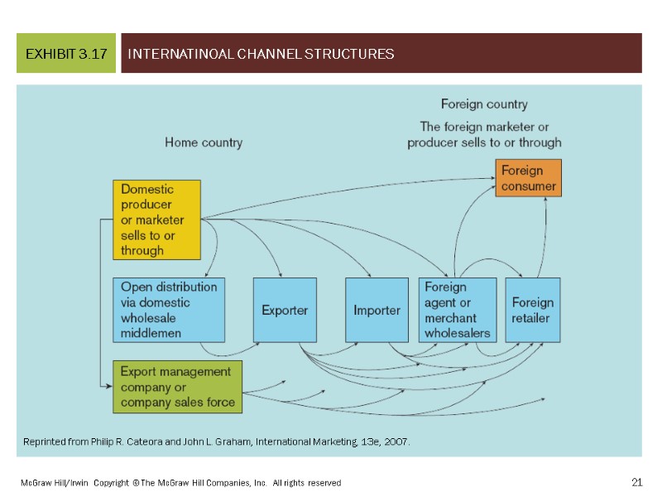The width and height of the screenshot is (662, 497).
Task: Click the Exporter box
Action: coord(285,310)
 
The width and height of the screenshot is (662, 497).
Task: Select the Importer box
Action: coord(377,310)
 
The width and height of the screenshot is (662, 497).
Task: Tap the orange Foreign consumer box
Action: coord(528,178)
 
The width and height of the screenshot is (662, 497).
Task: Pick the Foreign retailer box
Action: coord(532,310)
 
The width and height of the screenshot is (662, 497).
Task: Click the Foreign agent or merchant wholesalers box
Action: coord(457,310)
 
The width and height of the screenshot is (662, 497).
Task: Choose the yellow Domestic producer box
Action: coord(156,220)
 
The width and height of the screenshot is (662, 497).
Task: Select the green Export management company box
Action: coord(177,387)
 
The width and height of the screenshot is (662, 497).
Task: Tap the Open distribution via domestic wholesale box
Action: coord(169,310)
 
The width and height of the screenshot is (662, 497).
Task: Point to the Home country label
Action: coord(204,142)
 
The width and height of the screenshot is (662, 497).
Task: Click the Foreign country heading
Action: coord(484,104)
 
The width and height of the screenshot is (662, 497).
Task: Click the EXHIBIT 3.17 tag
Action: coord(66,55)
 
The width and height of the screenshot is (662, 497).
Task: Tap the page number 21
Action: coord(636,482)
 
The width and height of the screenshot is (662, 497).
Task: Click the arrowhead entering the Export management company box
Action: coord(108,387)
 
